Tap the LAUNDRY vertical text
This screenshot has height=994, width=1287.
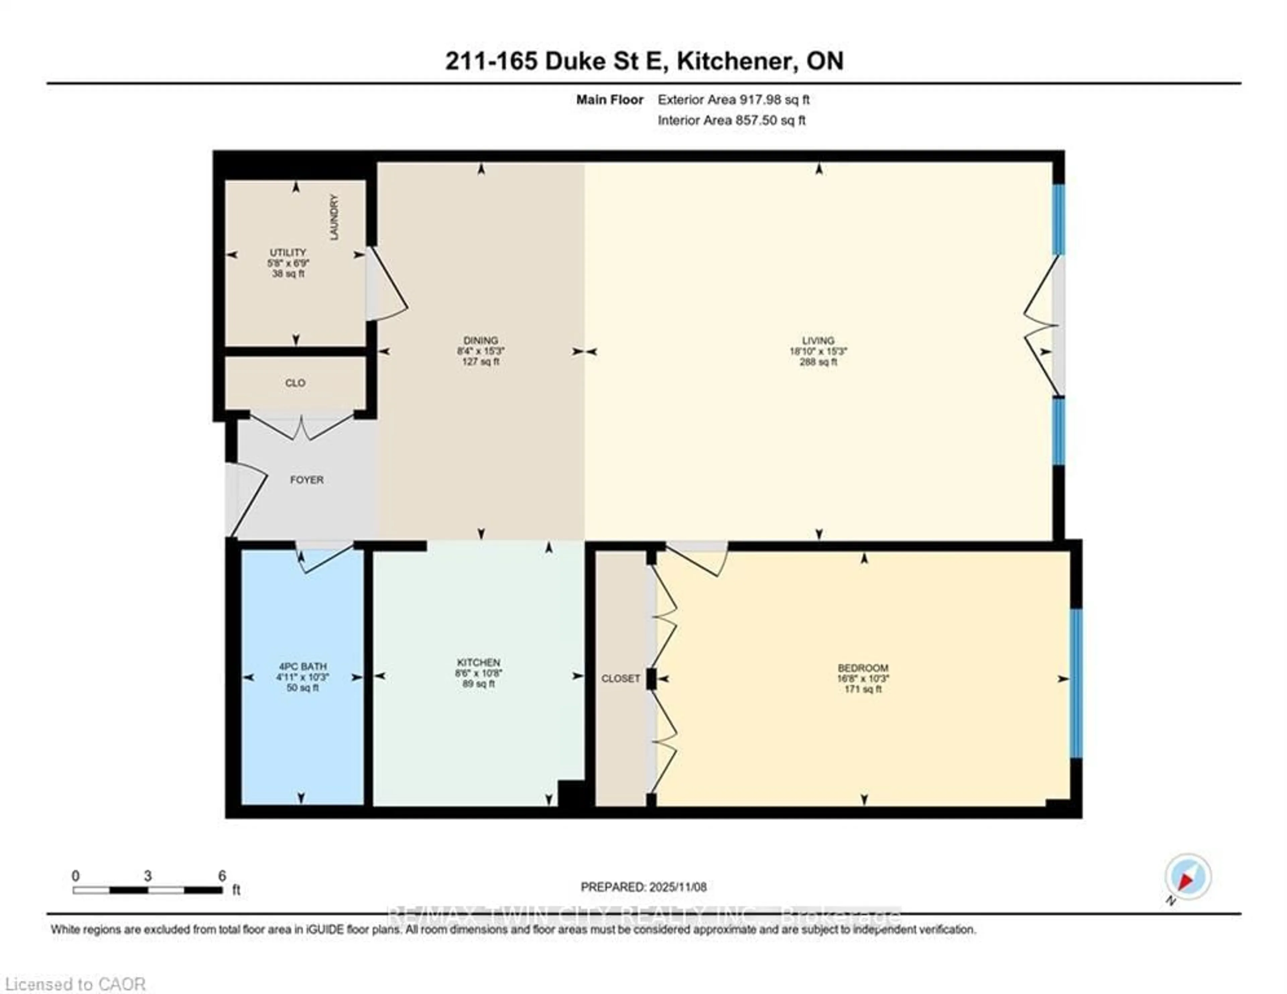point(334,217)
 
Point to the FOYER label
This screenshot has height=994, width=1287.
point(306,480)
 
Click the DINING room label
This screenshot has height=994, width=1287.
point(481,340)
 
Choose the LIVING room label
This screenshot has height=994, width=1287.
point(818,340)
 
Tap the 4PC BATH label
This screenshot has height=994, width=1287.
point(302,667)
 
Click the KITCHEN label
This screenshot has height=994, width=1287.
point(479,663)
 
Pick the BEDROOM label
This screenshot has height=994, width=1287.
point(863,668)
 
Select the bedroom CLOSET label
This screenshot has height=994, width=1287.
point(620,678)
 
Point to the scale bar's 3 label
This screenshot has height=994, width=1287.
point(147,876)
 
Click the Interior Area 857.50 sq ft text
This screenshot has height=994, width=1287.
point(731,120)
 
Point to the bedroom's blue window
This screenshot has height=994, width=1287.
point(1076,683)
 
